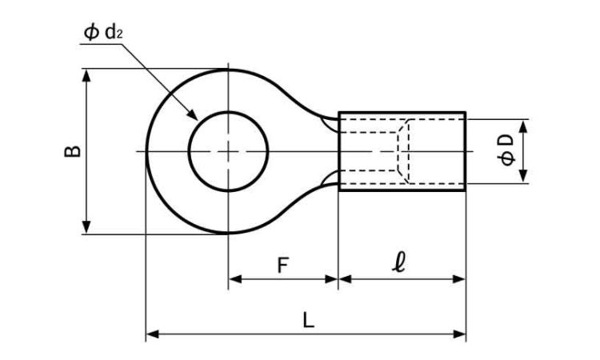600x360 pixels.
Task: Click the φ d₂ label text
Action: click(103, 33)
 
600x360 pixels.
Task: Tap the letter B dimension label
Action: click(72, 151)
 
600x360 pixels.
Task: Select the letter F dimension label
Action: click(282, 266)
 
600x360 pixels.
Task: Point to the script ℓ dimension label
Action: click(398, 262)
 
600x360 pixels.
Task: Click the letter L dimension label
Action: click(309, 320)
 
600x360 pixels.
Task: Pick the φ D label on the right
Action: click(508, 150)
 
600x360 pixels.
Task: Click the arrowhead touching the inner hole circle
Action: click(192, 114)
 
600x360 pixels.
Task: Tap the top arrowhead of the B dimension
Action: click(87, 76)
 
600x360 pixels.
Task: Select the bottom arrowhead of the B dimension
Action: click(87, 227)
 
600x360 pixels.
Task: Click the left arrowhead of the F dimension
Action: click(235, 279)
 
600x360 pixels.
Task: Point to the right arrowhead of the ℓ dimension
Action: click(459, 279)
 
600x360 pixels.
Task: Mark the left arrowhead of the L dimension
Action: click(153, 334)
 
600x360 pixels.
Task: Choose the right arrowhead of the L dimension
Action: click(459, 334)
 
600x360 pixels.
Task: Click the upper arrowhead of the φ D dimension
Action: click(524, 126)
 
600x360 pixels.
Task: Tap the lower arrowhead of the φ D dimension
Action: click(524, 176)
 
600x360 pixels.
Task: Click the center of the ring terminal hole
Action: click(229, 151)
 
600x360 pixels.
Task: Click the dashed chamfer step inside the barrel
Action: click(403, 151)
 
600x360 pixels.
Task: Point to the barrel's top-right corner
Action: click(465, 113)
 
